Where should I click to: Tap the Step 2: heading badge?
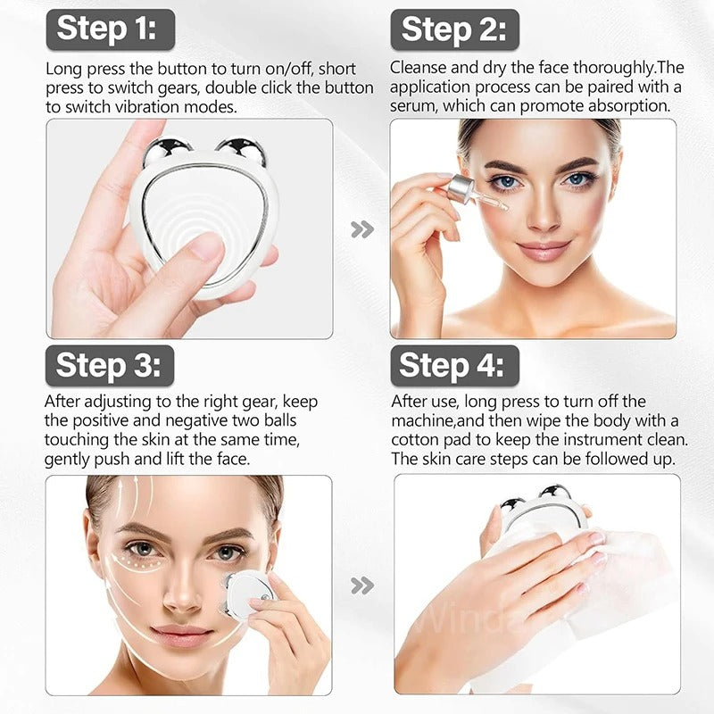click(x=454, y=29)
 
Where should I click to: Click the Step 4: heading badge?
click(x=453, y=365)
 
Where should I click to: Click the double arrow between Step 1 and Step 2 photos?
click(x=361, y=229)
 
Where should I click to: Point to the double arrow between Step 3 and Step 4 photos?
click(x=361, y=585)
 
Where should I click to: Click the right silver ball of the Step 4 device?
click(x=557, y=494)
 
